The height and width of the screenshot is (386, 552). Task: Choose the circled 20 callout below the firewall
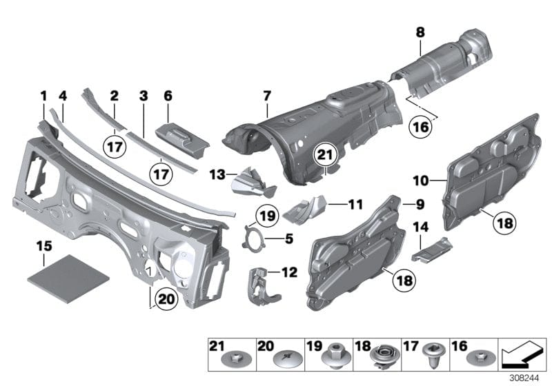[x=166, y=298]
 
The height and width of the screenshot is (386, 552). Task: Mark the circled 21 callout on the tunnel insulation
[x=325, y=157]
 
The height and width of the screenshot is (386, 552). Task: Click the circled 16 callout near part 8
[x=420, y=126]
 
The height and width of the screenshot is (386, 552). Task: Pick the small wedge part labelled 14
[x=430, y=249]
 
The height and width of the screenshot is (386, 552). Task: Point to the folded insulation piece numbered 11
[x=306, y=208]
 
